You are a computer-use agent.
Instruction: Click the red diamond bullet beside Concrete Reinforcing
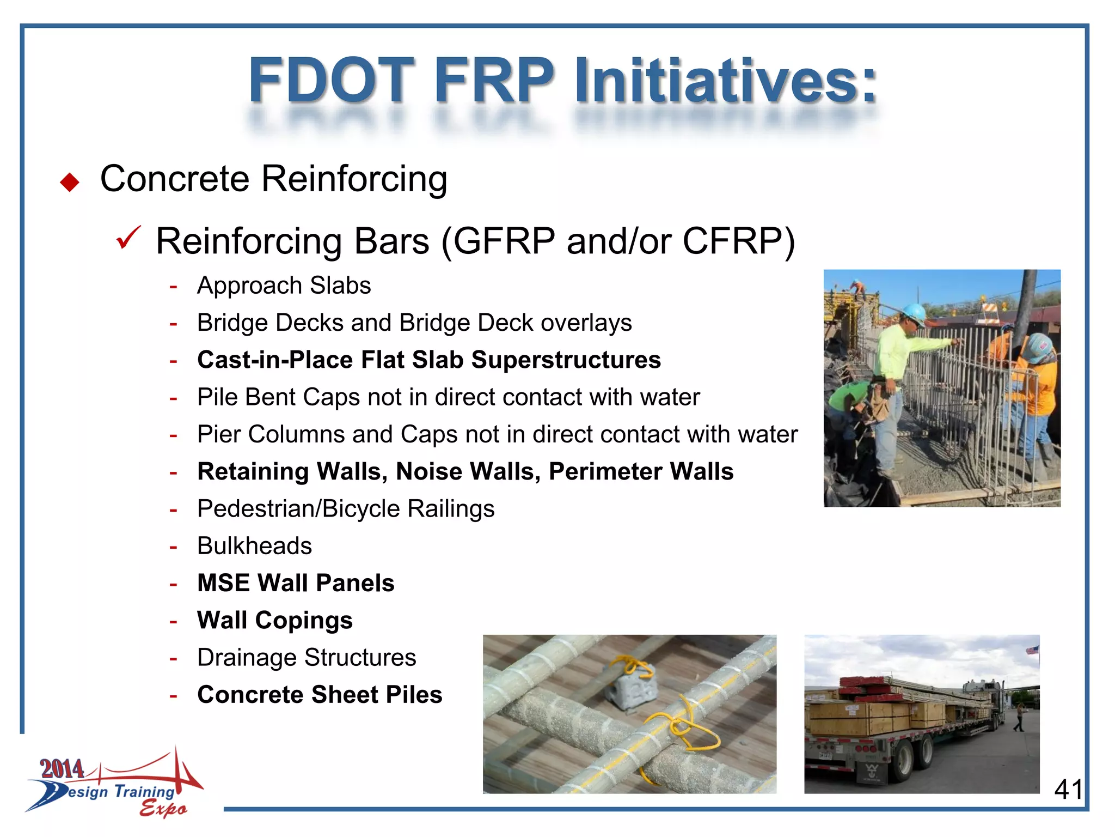coord(70,182)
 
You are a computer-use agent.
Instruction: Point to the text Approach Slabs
coord(284,286)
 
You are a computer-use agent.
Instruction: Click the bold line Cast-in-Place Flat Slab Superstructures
coord(429,360)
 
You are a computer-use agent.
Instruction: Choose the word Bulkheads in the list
coord(254,545)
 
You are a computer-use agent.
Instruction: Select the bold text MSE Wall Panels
coord(296,583)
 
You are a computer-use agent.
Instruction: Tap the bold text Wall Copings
coord(275,620)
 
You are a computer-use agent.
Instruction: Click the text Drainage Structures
coord(307,657)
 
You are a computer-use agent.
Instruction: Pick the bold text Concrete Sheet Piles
coord(320,695)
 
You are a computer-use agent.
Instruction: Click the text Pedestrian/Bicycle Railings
coord(346,508)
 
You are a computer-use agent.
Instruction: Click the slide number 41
coord(1068,789)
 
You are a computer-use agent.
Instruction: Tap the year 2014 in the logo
coord(62,769)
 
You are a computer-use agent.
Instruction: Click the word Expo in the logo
coord(163,808)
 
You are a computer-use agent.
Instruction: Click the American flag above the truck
coord(1032,650)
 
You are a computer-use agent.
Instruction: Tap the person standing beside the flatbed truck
coord(1019,718)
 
